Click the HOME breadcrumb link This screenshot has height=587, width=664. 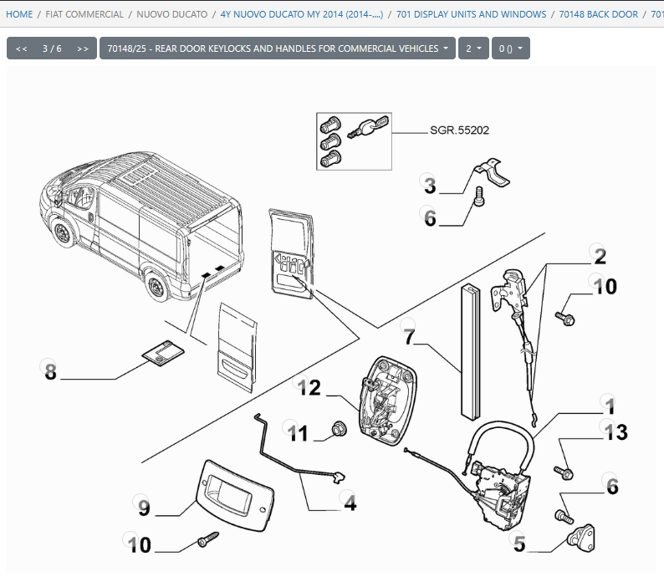(x=19, y=14)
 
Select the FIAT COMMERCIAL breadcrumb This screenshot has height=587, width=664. (x=84, y=14)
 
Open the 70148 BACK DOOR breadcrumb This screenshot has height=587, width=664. (x=598, y=14)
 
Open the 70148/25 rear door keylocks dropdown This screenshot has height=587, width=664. (x=277, y=48)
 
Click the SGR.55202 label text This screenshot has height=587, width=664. (x=459, y=130)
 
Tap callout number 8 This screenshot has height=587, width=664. (x=50, y=371)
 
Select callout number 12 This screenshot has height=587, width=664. (x=309, y=387)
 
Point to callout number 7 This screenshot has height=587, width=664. (x=409, y=337)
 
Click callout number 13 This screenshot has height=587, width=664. (x=615, y=432)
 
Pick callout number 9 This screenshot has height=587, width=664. (x=144, y=506)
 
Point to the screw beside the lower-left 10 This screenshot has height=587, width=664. (x=207, y=542)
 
